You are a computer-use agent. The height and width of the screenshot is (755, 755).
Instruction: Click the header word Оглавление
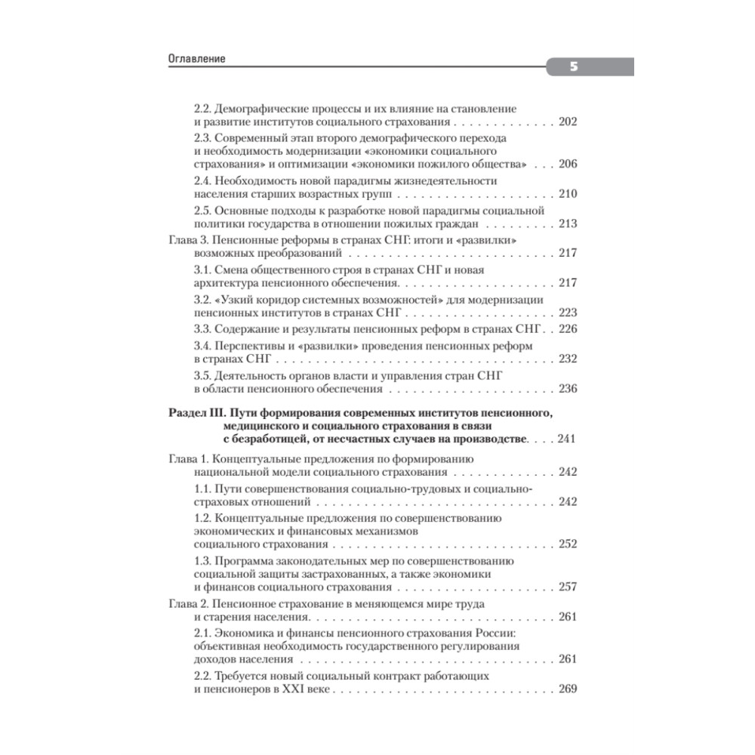[197, 60]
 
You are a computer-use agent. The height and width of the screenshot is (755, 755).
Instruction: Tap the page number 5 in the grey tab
[574, 67]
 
